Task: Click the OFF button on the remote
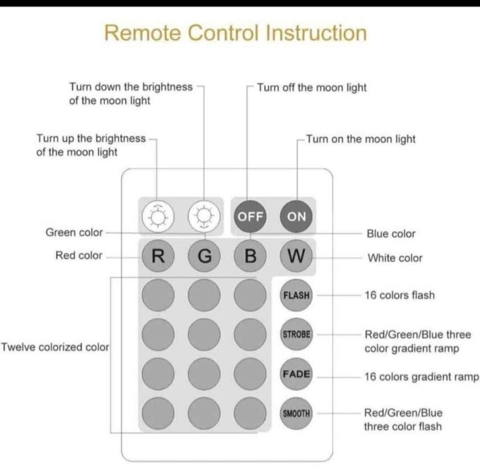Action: (250, 216)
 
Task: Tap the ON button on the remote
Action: (296, 216)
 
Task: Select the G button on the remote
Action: (204, 256)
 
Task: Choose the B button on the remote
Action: (250, 256)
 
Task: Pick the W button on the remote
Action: (296, 256)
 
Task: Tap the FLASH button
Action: (296, 295)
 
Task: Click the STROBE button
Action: (296, 334)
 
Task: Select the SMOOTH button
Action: (296, 413)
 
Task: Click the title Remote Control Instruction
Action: (235, 33)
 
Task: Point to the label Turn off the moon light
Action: (311, 87)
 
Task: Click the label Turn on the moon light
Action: (360, 139)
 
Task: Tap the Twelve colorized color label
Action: (55, 347)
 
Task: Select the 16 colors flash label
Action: (399, 295)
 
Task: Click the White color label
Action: (395, 258)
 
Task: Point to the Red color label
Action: (78, 256)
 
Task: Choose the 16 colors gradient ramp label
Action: (421, 377)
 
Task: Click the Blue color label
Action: (391, 234)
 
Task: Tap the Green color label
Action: (74, 232)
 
